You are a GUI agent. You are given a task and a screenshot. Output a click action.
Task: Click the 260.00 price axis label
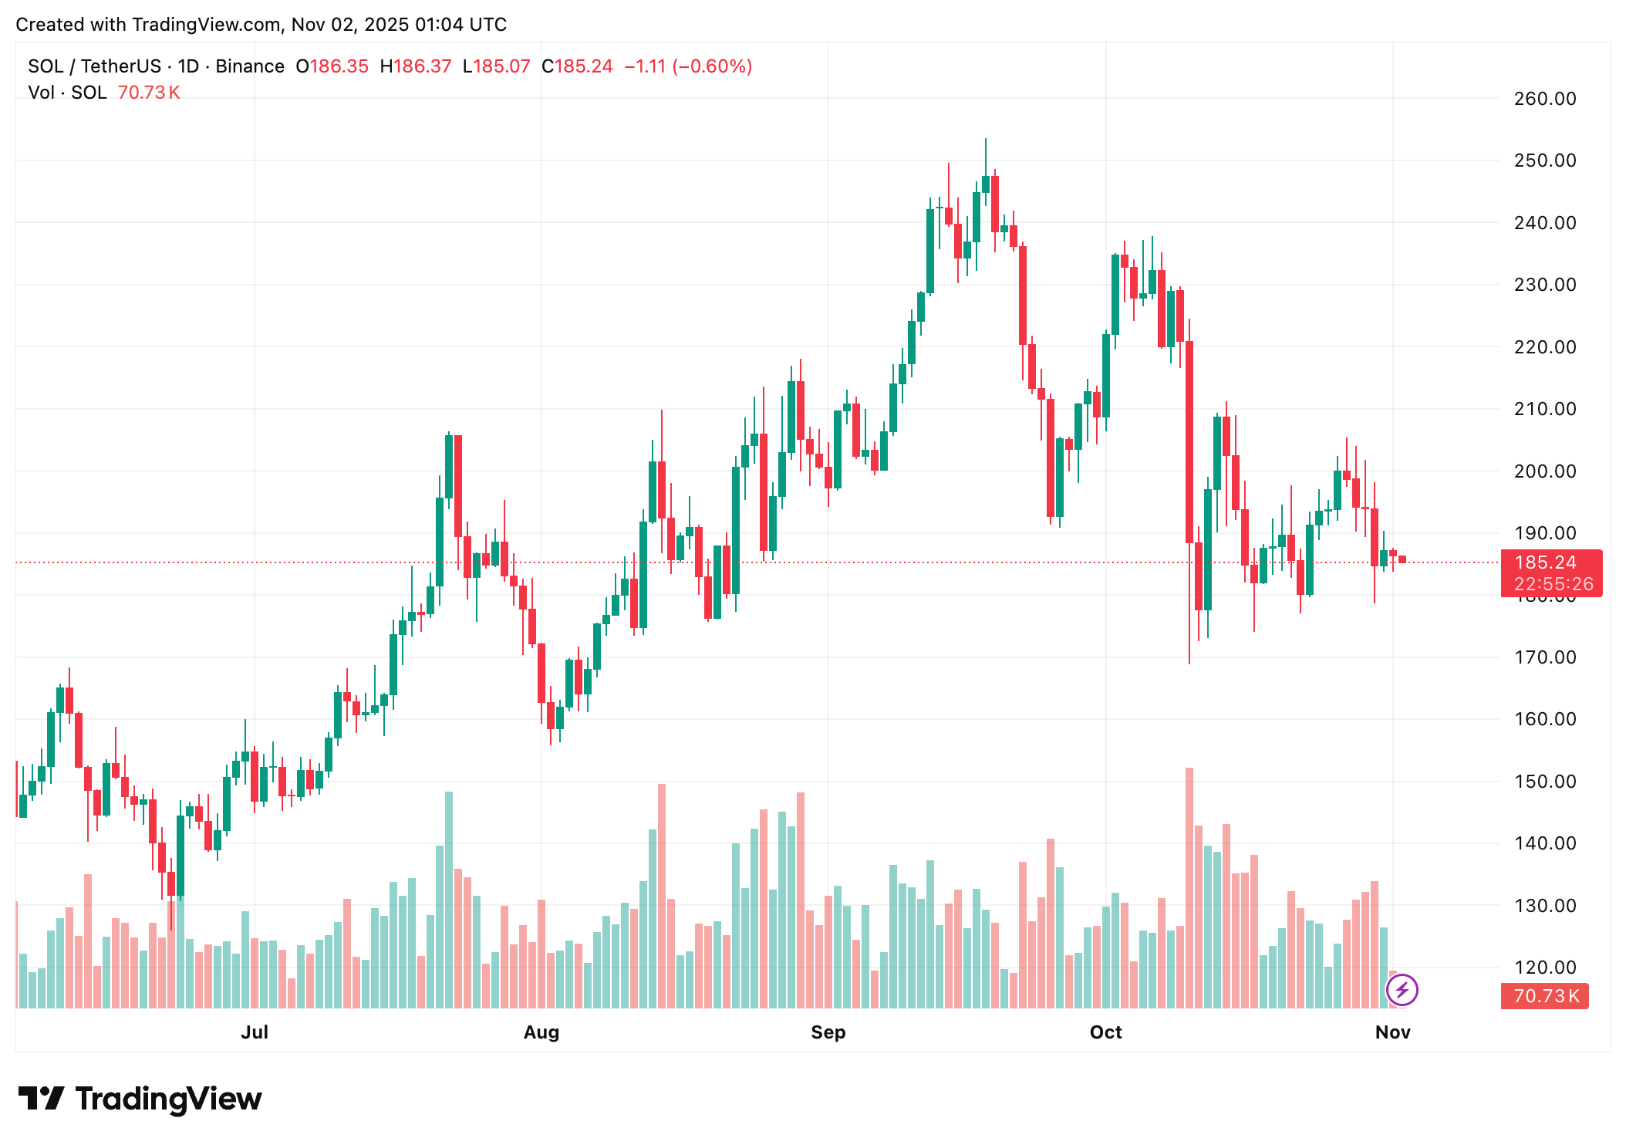(x=1544, y=99)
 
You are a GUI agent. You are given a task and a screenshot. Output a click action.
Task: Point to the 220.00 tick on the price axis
(x=1544, y=347)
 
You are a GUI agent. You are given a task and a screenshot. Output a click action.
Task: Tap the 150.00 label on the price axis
(x=1544, y=782)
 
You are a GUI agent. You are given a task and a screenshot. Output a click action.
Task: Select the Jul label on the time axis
(x=255, y=1032)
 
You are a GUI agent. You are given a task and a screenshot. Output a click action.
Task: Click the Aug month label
(x=541, y=1032)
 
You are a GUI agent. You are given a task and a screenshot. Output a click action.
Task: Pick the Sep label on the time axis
(x=828, y=1032)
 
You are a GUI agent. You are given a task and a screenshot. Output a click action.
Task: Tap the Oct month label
(x=1105, y=1032)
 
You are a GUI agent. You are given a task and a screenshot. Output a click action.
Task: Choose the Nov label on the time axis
(x=1392, y=1032)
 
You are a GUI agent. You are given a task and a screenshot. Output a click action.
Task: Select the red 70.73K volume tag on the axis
(x=1544, y=996)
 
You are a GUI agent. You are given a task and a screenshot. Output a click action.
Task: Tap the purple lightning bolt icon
(x=1402, y=989)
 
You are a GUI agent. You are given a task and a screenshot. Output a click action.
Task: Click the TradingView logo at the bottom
(x=140, y=1099)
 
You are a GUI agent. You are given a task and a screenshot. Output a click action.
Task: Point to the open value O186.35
(x=332, y=66)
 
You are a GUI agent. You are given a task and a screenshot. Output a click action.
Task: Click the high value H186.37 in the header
(x=416, y=66)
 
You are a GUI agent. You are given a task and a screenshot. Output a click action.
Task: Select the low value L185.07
(x=497, y=66)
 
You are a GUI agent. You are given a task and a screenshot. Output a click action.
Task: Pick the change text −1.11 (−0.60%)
(x=688, y=66)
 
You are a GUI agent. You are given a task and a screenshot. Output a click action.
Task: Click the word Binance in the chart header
(x=250, y=66)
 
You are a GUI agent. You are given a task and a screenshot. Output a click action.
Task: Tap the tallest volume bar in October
(x=1189, y=887)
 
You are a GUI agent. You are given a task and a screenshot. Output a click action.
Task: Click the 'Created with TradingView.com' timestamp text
(x=261, y=25)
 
